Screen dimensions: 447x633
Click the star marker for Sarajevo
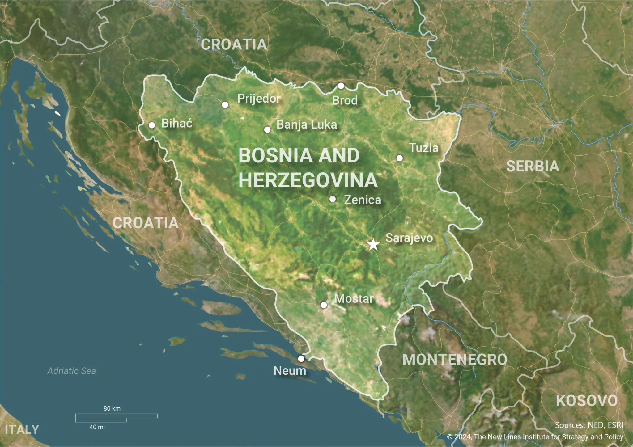(x=373, y=245)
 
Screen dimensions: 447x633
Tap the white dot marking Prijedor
(x=225, y=105)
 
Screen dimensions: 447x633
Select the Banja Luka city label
(x=306, y=125)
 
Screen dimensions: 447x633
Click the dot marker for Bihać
(x=152, y=125)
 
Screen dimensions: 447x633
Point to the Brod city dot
(x=341, y=86)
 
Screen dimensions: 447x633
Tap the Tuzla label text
(x=423, y=148)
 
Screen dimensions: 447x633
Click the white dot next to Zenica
(x=333, y=199)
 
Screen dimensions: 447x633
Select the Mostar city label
(x=354, y=298)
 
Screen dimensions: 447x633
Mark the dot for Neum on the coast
(x=301, y=359)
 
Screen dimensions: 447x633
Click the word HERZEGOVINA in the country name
(x=308, y=180)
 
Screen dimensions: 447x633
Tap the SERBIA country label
(x=533, y=166)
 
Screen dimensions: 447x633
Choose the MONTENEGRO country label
(x=455, y=360)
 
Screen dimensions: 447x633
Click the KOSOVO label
(x=587, y=401)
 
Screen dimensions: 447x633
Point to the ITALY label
(x=22, y=430)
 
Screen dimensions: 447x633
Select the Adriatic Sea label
(x=71, y=371)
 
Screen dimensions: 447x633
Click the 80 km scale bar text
(x=112, y=408)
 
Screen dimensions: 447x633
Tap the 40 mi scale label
(x=97, y=427)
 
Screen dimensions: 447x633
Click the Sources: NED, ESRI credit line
(x=589, y=425)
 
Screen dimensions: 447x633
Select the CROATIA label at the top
(x=234, y=44)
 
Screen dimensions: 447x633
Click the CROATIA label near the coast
(x=145, y=223)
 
